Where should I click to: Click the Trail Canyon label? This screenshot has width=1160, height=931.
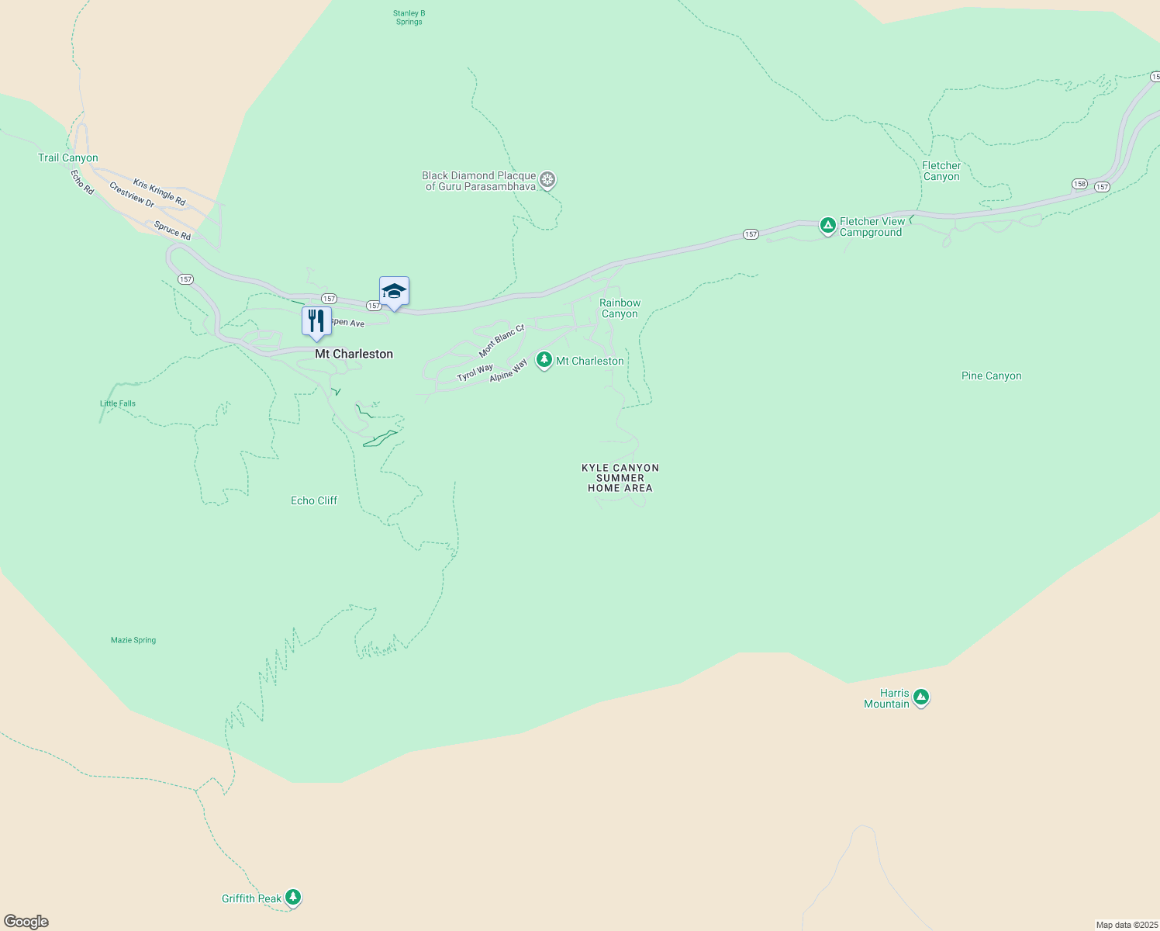click(68, 158)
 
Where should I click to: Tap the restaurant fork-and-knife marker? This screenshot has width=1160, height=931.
click(316, 320)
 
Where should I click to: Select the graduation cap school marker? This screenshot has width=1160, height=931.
click(394, 291)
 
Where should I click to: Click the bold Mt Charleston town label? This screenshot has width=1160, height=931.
click(354, 354)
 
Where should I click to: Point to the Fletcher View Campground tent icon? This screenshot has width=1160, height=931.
click(827, 226)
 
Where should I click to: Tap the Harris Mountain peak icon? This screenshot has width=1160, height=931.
click(920, 697)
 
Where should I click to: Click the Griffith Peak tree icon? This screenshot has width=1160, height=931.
click(292, 898)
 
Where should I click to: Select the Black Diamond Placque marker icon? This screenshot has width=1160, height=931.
click(547, 181)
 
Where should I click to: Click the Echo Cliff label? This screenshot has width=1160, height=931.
click(314, 501)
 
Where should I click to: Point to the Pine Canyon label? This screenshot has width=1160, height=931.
click(991, 376)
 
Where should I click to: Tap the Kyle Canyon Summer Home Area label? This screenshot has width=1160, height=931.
click(620, 478)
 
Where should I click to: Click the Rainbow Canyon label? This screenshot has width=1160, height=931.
click(620, 309)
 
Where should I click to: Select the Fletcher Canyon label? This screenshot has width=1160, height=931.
click(941, 171)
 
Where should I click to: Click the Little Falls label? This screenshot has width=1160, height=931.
click(118, 403)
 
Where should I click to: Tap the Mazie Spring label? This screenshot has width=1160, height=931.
click(133, 640)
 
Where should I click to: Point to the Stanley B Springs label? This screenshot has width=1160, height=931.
click(409, 18)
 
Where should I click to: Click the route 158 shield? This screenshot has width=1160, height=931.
click(1079, 184)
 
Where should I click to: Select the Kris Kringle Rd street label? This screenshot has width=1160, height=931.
click(159, 192)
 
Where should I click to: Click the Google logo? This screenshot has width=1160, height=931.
click(26, 922)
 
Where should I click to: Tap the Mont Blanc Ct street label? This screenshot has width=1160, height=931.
click(502, 341)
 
